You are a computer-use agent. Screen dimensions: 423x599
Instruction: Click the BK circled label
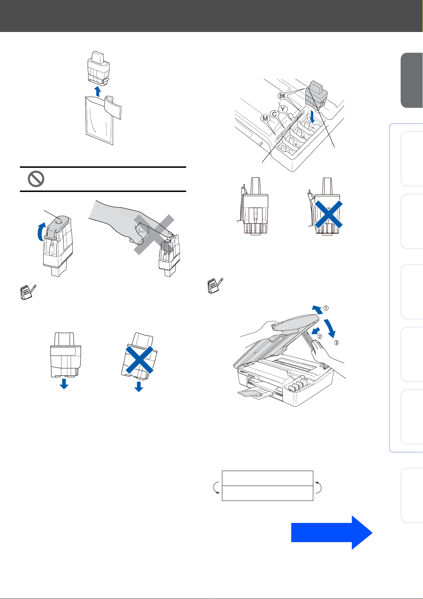coord(282,96)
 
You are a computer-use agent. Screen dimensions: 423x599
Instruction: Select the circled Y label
coord(283,109)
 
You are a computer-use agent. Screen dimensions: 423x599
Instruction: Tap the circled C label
coord(274,114)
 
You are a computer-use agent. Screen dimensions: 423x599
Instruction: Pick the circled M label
coord(265,118)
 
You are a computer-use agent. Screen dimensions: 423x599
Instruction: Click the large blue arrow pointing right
coord(332,533)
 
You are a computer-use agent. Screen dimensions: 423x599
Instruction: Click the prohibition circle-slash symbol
coord(36,179)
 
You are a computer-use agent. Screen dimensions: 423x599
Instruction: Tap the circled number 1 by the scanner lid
coord(326,308)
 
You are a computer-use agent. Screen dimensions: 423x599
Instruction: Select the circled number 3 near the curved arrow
coord(336,343)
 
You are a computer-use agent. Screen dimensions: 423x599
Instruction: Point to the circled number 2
coord(320,336)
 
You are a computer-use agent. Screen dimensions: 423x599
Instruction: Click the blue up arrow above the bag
coord(98,91)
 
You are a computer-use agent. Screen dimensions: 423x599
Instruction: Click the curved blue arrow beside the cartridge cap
coord(40,231)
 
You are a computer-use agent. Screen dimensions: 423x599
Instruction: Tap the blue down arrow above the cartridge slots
coord(312,117)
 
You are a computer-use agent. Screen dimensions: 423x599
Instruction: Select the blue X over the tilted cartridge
coord(140,360)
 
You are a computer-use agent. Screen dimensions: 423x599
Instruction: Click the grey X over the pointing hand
coord(154,235)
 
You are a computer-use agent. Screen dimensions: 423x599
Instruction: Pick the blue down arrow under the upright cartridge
coord(64,384)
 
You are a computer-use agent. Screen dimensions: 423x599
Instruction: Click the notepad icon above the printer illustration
coord(215,286)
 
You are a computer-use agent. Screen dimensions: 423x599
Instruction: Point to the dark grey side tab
coord(412,80)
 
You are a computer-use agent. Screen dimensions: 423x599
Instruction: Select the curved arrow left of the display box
coord(216,487)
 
